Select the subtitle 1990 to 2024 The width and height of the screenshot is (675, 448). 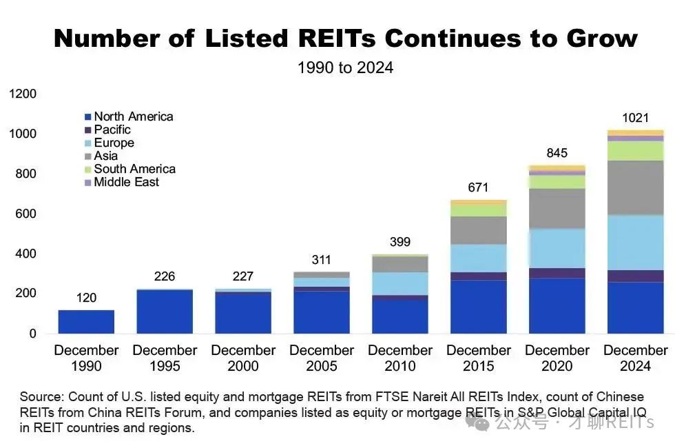tap(345, 68)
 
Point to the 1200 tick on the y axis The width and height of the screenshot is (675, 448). tap(23, 94)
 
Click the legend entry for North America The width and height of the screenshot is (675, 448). tap(133, 116)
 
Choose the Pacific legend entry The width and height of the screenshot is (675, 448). tap(112, 130)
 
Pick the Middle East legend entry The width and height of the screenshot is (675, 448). tap(126, 182)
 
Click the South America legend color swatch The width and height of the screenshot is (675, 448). tap(87, 170)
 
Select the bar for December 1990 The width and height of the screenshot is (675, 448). tap(86, 321)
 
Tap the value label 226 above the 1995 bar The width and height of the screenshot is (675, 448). tap(164, 276)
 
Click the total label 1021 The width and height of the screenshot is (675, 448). tap(635, 118)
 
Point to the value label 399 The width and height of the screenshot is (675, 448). tap(399, 242)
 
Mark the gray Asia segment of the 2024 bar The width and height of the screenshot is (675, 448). tap(635, 187)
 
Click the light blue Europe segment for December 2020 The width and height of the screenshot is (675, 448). tap(557, 248)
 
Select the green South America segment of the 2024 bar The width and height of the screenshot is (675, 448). tap(635, 150)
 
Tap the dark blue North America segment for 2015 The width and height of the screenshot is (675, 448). tap(478, 306)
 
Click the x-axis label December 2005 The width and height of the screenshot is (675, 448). tap(321, 358)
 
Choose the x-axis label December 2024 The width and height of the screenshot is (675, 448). tap(635, 358)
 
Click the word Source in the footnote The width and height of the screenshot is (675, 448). tap(39, 398)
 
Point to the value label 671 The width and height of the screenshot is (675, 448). tap(478, 187)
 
